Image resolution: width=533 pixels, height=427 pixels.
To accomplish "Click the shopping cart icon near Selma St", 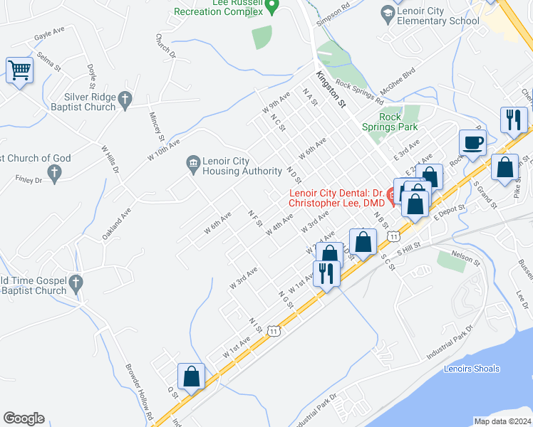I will coord(20,70).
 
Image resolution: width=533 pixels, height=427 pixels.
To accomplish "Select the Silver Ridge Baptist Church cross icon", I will coord(126,101).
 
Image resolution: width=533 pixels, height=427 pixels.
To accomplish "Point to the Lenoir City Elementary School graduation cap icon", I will coord(387,14).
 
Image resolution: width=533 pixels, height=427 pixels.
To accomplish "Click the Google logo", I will coord(24,418).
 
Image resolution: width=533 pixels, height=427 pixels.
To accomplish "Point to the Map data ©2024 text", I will coord(502,421).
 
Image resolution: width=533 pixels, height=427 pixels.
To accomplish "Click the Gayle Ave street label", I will coord(49,33).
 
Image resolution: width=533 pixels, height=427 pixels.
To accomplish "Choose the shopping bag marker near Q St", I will coord(192,376).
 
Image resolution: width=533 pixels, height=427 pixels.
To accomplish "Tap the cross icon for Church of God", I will coord(53,172).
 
